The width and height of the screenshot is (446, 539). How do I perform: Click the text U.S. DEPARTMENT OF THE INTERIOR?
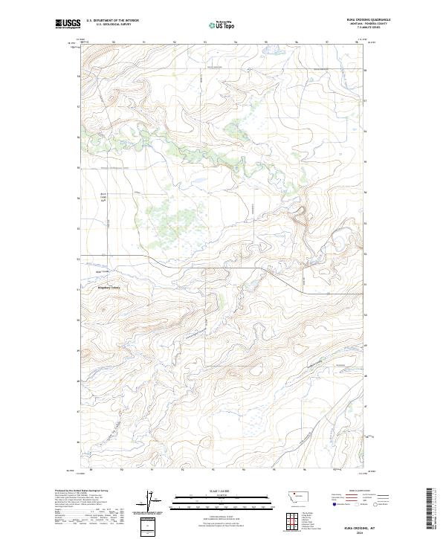click(x=112, y=20)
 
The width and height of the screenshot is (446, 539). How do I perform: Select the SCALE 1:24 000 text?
click(x=212, y=491)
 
